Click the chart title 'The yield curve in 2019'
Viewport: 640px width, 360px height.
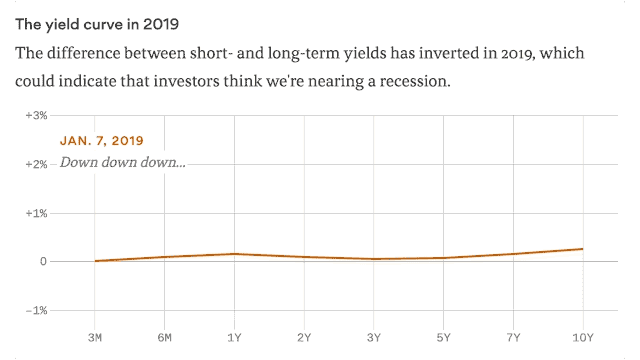coord(97,25)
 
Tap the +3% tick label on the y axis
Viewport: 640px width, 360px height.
coord(36,116)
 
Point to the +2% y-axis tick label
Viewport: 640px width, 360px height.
coord(36,164)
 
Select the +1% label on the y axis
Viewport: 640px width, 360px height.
coord(36,213)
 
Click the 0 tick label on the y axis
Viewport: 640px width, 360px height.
coord(43,262)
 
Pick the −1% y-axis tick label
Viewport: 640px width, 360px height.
coord(36,311)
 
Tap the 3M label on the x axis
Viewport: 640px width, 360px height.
coord(95,338)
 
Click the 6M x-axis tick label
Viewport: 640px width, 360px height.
coord(165,338)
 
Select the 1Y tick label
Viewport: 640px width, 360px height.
coord(234,338)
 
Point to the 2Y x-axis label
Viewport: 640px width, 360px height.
coord(304,338)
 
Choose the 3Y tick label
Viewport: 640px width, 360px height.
coord(374,338)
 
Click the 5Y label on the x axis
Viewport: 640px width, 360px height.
coord(443,338)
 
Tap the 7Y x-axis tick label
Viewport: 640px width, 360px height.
coord(513,338)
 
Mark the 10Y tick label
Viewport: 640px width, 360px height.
coord(583,338)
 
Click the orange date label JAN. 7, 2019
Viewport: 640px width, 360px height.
coord(102,141)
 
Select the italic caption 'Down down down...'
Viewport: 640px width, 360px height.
coord(123,162)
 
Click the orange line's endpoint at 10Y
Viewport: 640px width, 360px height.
coord(583,249)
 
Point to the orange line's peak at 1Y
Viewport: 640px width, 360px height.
coord(234,254)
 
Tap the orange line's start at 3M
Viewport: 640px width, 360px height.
coord(95,261)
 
